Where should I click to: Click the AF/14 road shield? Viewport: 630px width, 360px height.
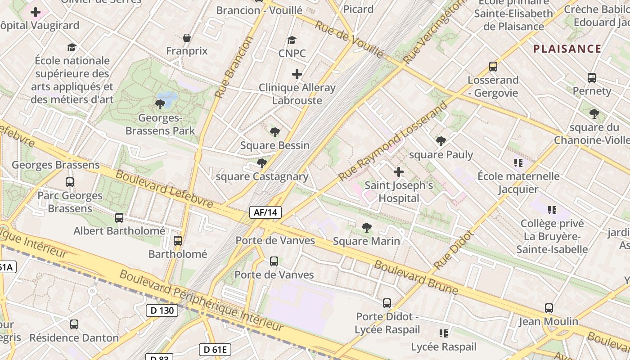pos(265,212)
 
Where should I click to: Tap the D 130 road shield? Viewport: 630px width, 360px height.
pos(162,310)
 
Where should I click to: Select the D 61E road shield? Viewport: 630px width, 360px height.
pos(215,349)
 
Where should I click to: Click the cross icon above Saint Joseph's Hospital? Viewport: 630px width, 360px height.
pos(399,172)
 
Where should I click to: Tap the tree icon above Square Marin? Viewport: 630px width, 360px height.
pos(367,228)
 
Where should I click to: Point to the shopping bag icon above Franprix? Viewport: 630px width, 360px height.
pos(187,38)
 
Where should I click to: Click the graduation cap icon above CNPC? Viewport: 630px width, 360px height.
pos(292,40)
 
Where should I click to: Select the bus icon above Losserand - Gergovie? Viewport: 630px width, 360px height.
pos(493,67)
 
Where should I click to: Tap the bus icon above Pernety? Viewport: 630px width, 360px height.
pos(592,78)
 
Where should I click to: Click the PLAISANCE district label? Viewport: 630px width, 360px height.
pos(567,49)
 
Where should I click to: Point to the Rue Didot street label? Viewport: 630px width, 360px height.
pos(454,250)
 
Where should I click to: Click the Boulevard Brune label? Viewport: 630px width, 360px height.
pos(416,277)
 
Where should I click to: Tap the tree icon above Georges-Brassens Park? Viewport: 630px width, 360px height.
pos(160,104)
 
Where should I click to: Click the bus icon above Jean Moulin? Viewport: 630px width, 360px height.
pos(549,308)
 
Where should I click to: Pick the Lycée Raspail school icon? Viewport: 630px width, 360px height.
pos(444,333)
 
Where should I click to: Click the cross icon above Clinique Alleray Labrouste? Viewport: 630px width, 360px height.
pos(297,74)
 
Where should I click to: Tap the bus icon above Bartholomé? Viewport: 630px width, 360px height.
pos(178,241)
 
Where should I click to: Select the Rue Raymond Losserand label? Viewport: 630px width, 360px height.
pos(393,140)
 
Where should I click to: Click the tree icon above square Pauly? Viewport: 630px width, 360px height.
pos(441,141)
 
